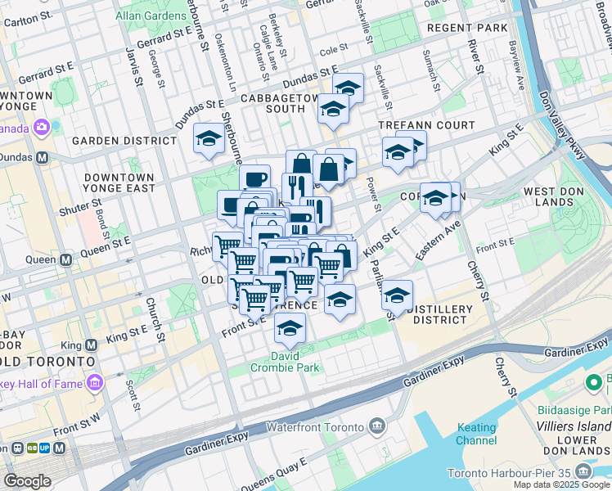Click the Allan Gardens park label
click(x=148, y=16)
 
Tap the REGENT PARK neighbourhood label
click(x=468, y=28)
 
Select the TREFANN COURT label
click(x=425, y=125)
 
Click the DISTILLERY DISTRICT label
click(x=440, y=314)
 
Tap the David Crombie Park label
click(x=285, y=362)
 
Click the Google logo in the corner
click(x=27, y=481)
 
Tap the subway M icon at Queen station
click(x=66, y=259)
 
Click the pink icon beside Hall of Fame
click(x=96, y=383)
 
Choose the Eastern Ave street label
click(x=439, y=238)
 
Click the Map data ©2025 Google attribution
click(x=561, y=484)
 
